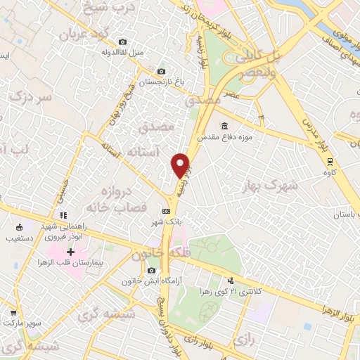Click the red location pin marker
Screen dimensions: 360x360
tap(181, 165)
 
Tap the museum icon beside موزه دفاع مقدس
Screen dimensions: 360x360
tap(224, 126)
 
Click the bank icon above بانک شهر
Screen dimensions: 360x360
tap(166, 210)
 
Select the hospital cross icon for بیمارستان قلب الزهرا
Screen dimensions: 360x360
tap(70, 252)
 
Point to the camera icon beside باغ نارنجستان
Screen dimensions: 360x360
tap(161, 71)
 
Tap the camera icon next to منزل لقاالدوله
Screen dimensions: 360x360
tap(124, 42)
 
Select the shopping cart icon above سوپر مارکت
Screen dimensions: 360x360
tap(13, 313)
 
